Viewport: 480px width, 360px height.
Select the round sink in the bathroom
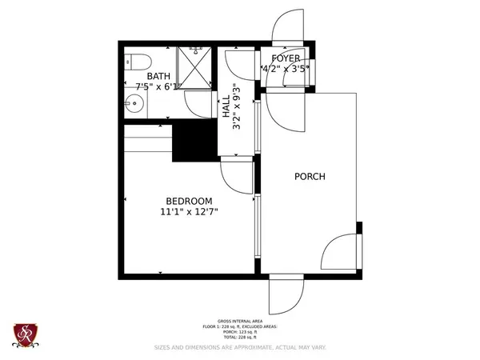[x=134, y=102]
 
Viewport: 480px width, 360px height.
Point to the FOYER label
[x=285, y=59]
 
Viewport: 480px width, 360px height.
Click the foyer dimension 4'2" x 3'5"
[x=285, y=70]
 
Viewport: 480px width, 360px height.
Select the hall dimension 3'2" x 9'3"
[x=236, y=107]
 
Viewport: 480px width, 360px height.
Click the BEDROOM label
[x=189, y=201]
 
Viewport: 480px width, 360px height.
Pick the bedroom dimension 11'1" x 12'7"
[x=189, y=212]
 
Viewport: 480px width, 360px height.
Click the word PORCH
[x=310, y=177]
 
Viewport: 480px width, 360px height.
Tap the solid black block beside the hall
[x=195, y=142]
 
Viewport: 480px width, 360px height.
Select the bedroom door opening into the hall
[x=237, y=170]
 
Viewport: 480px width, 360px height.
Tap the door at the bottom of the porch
[x=285, y=298]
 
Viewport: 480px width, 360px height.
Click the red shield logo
[x=26, y=334]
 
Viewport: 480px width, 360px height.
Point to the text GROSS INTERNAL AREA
[x=239, y=320]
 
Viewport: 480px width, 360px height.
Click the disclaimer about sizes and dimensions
[x=239, y=348]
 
